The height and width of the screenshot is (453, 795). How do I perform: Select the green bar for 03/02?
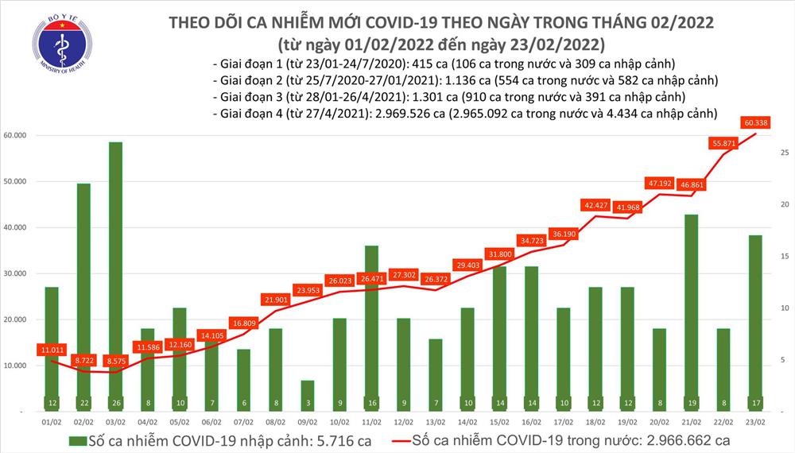[x=116, y=270]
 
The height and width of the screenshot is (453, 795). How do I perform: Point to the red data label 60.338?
[x=755, y=122]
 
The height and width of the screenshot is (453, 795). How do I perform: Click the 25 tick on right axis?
[x=783, y=153]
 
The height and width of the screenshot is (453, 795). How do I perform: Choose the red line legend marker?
[x=409, y=440]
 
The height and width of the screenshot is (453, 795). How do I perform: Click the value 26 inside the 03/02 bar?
[x=116, y=402]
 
